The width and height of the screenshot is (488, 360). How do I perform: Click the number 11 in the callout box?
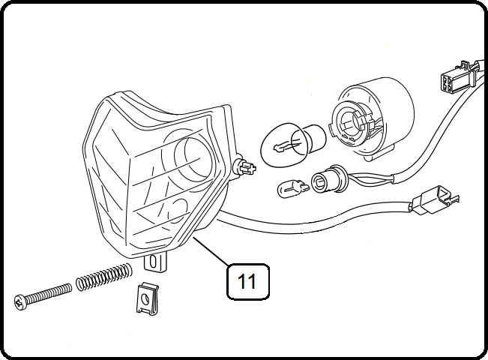(247, 281)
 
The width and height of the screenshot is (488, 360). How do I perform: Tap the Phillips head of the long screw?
(19, 302)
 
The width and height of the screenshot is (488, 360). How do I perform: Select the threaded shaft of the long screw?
(49, 293)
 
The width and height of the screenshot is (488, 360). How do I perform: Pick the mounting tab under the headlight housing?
(156, 262)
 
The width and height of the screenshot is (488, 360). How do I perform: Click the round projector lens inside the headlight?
(190, 156)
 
